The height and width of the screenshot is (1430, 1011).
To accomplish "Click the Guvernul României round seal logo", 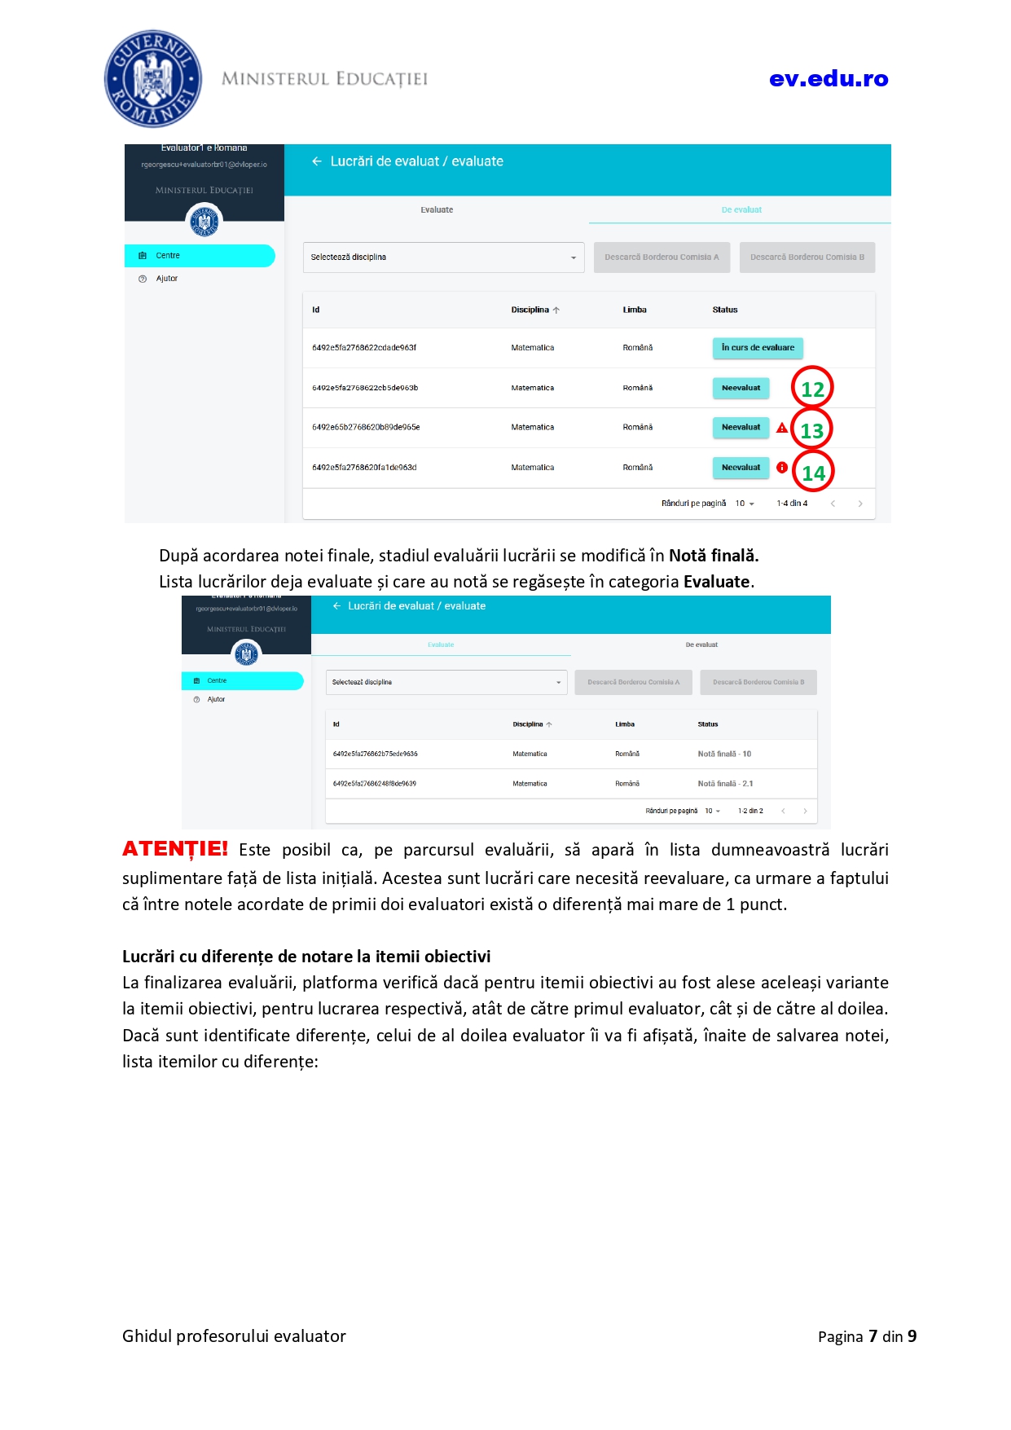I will point(153,79).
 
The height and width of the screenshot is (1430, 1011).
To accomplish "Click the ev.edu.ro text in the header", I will point(828,79).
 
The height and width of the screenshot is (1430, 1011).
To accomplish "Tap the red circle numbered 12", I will point(812,389).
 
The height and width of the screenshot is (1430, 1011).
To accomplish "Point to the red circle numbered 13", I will point(812,430).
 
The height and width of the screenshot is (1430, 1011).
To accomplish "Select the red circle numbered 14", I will point(813,473).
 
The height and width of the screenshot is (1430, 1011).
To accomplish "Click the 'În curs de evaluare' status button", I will point(758,348).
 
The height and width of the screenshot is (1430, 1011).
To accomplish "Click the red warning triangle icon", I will point(782,428).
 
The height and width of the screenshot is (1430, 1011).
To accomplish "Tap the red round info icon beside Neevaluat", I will point(782,468).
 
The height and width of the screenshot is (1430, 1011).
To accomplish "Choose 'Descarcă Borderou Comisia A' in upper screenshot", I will point(662,257).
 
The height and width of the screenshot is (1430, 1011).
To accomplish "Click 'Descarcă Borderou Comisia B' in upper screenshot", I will point(807,257).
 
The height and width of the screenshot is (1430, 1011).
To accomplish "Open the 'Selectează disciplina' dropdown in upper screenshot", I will point(443,257).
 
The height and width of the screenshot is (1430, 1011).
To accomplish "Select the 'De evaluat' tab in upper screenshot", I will point(741,210).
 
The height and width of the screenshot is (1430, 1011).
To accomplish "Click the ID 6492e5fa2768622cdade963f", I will point(364,348).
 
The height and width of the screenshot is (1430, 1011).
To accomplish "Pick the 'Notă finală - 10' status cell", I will point(724,755).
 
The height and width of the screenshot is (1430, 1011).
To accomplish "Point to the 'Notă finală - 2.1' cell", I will point(725,784).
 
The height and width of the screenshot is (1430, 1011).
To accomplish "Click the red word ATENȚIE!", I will point(175,849).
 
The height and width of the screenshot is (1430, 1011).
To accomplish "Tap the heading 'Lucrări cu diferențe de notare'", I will point(306,957).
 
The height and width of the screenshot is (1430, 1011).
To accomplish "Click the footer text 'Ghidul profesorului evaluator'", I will point(234,1336).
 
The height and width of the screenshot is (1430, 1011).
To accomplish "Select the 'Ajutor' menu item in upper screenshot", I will point(167,279).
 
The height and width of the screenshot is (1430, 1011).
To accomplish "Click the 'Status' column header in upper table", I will point(724,310).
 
